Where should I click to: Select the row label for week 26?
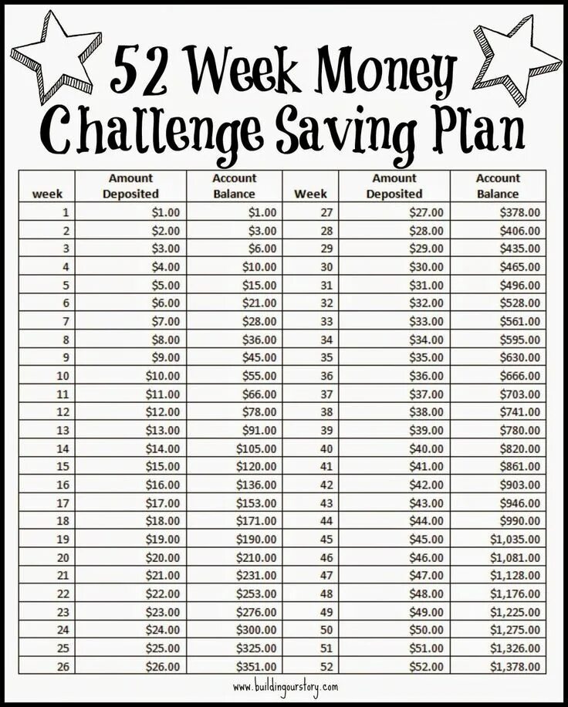tap(63, 666)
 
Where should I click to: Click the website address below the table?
tap(284, 686)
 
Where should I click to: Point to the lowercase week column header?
tap(52, 194)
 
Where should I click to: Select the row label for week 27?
tap(326, 212)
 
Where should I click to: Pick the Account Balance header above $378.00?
tap(498, 186)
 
